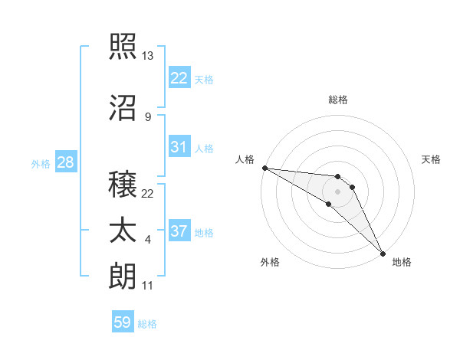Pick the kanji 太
click(123, 231)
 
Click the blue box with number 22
click(179, 77)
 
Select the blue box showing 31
click(179, 147)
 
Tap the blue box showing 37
click(179, 231)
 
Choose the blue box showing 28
click(65, 162)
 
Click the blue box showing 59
click(123, 322)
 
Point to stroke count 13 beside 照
click(148, 56)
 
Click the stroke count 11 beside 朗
click(147, 286)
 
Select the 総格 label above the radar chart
click(338, 100)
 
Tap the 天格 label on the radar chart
click(432, 159)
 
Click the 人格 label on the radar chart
click(245, 159)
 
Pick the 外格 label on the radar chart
click(270, 262)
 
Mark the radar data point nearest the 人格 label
click(264, 168)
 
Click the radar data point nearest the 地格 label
click(383, 253)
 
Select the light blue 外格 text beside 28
click(41, 163)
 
